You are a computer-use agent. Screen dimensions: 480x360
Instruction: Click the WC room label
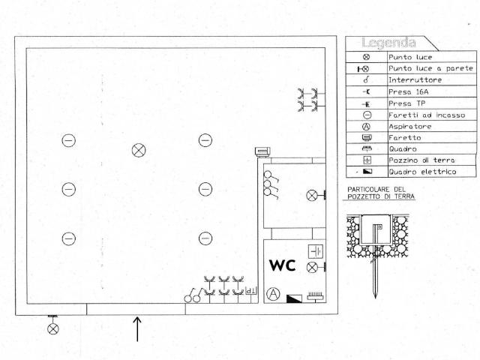tap(282, 265)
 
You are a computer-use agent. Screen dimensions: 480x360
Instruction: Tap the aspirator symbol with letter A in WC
tap(273, 294)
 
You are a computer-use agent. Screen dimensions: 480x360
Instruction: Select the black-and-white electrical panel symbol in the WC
tap(294, 298)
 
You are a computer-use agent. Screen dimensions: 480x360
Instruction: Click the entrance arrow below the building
tap(137, 328)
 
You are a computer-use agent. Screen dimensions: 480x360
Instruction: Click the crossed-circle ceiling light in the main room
tap(139, 150)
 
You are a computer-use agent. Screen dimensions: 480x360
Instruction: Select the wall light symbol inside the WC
tap(316, 267)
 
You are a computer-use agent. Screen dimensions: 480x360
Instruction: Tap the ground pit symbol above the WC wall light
tap(316, 251)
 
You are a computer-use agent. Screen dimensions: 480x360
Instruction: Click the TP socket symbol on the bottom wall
tap(251, 291)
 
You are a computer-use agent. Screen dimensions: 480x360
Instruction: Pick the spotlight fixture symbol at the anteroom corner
tap(262, 151)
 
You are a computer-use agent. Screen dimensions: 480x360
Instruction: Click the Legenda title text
tap(388, 43)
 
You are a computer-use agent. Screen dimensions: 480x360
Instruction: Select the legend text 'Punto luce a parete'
tap(430, 68)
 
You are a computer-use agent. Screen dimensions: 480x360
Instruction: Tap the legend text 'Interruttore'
tap(415, 80)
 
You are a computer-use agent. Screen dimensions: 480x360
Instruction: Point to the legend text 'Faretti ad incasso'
tap(427, 115)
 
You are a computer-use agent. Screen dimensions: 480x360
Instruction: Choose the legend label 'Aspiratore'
tap(410, 127)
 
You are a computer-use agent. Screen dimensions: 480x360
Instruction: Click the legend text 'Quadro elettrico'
tap(422, 172)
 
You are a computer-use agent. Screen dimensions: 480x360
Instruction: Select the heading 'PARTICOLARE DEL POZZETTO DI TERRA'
tap(381, 193)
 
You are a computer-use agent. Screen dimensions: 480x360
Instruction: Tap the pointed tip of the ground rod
tap(375, 297)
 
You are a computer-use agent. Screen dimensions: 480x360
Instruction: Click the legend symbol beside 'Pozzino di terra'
tap(367, 160)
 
